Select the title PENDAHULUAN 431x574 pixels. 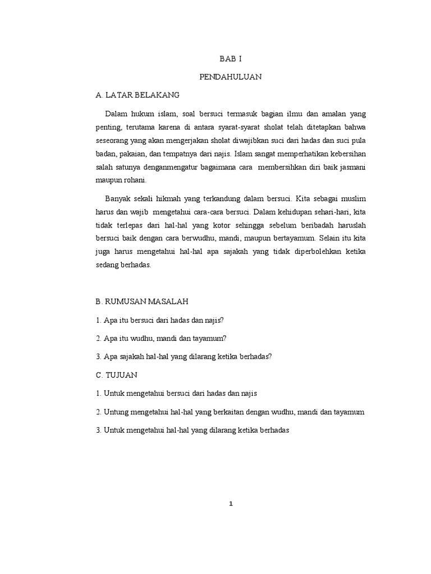coord(230,77)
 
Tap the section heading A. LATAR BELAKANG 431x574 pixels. coord(137,96)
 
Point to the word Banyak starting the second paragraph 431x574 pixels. coord(117,198)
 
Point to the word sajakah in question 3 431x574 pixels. coord(131,357)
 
